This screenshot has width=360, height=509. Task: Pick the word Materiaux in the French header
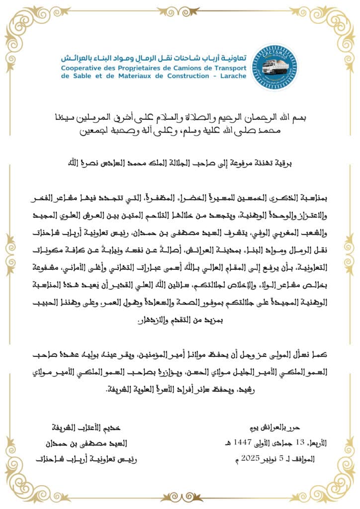coord(129,76)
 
